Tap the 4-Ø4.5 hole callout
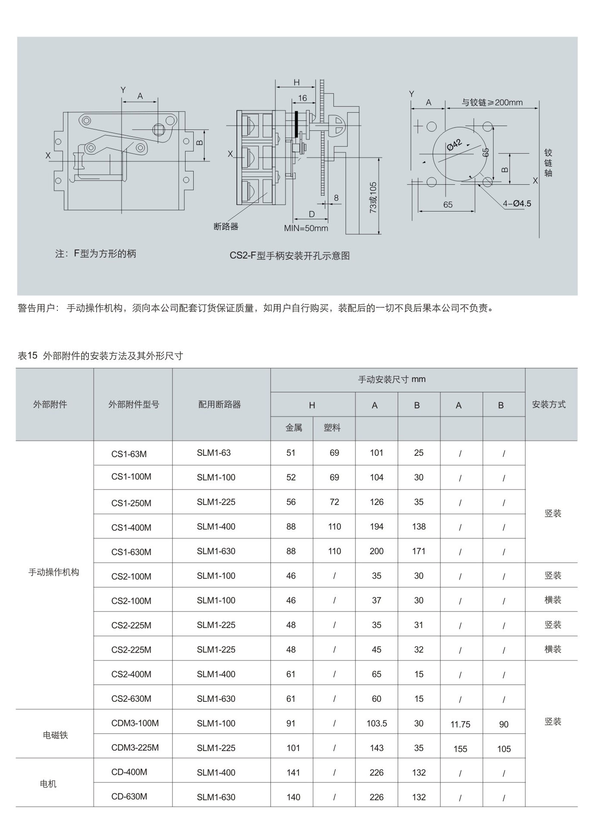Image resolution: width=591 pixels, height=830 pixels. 517,204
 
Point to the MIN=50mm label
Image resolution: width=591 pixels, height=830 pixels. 306,228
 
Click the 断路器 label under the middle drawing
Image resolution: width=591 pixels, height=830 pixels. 226,226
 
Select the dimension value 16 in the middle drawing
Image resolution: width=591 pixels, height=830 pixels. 302,98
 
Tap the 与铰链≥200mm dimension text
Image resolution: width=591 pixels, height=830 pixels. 492,102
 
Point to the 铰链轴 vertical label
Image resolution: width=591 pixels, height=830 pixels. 548,163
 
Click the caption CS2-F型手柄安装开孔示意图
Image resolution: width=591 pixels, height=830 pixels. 289,256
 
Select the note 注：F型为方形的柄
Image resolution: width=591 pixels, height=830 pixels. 96,254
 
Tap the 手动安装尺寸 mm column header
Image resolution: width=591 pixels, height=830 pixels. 392,379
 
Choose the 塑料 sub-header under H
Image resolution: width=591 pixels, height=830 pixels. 332,428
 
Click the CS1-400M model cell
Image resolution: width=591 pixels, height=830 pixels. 131,527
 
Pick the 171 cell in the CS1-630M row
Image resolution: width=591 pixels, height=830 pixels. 418,551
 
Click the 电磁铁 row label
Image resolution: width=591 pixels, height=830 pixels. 55,735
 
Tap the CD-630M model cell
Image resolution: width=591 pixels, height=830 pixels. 129,796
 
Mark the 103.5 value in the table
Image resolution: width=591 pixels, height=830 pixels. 377,723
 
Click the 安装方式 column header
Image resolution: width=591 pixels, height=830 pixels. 549,404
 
